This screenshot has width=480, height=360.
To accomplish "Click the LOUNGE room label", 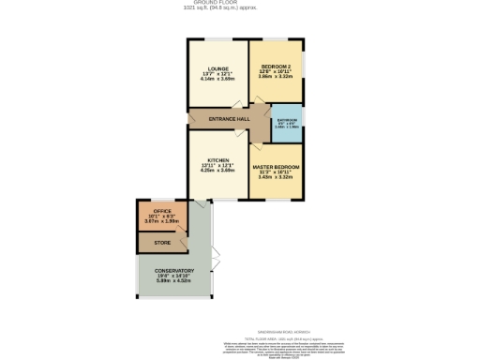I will [x=217, y=67].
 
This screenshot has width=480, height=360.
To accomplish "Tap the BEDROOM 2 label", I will [x=277, y=67].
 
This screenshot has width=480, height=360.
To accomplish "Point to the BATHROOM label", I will [x=288, y=120].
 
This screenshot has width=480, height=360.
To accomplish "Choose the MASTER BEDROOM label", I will [x=277, y=166].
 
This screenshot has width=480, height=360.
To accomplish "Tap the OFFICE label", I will [x=162, y=212].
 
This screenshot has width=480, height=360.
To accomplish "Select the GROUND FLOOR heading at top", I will [x=240, y=4].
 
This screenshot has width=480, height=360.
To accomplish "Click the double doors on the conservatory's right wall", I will [x=216, y=254].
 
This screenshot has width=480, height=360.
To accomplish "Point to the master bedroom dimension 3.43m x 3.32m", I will [x=277, y=177].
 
